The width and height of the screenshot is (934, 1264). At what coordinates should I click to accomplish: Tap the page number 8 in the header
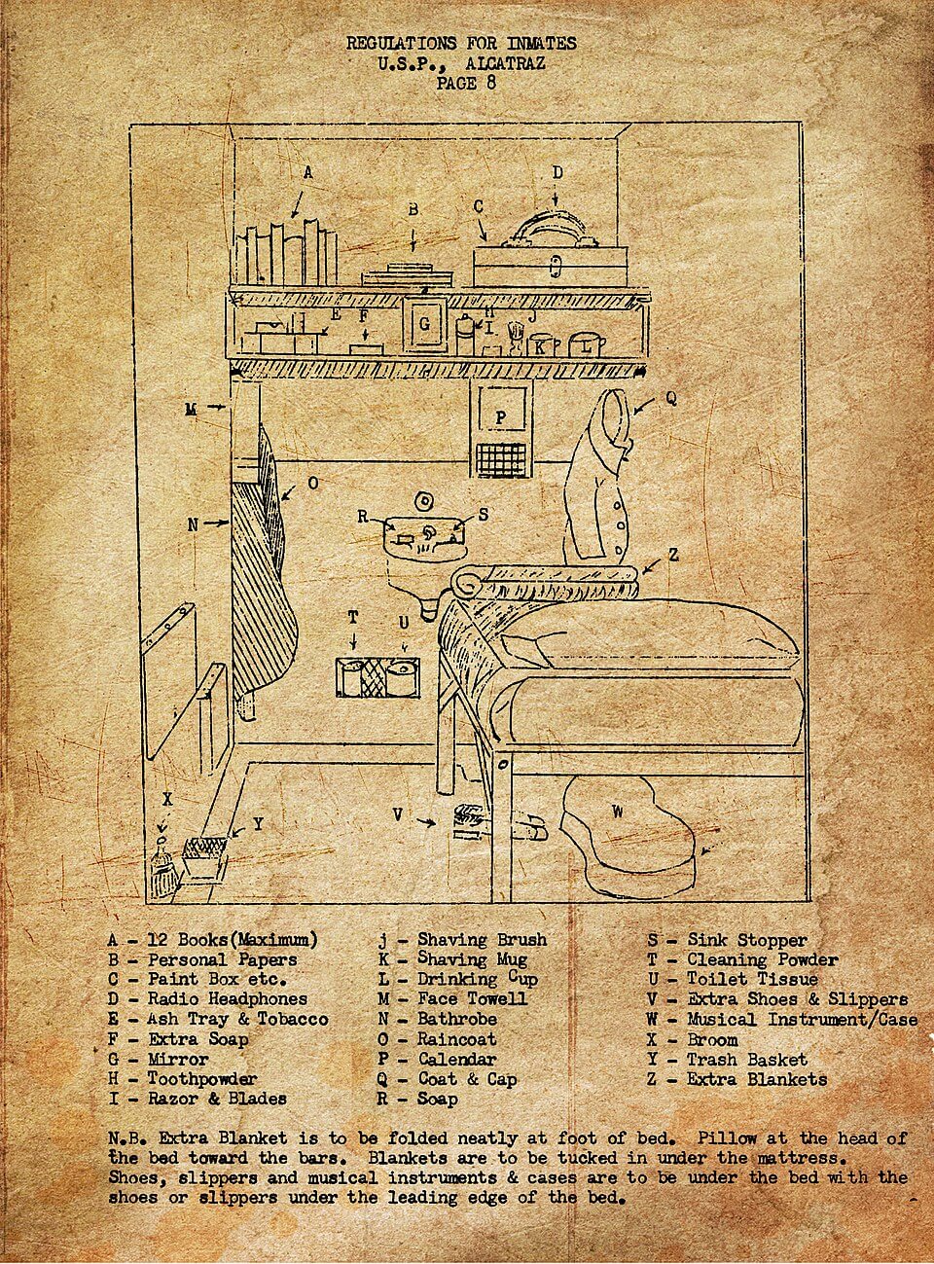(490, 83)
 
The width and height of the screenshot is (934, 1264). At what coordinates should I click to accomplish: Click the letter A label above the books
(307, 173)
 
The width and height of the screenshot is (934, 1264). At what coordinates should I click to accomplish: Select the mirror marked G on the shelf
(424, 325)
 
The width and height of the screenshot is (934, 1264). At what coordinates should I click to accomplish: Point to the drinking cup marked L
(583, 344)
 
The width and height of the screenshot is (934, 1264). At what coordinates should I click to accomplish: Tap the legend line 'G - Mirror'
(158, 1059)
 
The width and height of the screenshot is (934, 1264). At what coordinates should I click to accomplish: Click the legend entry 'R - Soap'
(417, 1099)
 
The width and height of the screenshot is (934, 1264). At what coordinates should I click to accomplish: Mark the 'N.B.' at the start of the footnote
(128, 1138)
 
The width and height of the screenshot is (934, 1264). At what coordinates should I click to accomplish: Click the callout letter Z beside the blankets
(672, 554)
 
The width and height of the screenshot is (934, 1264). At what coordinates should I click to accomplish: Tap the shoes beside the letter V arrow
(472, 819)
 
